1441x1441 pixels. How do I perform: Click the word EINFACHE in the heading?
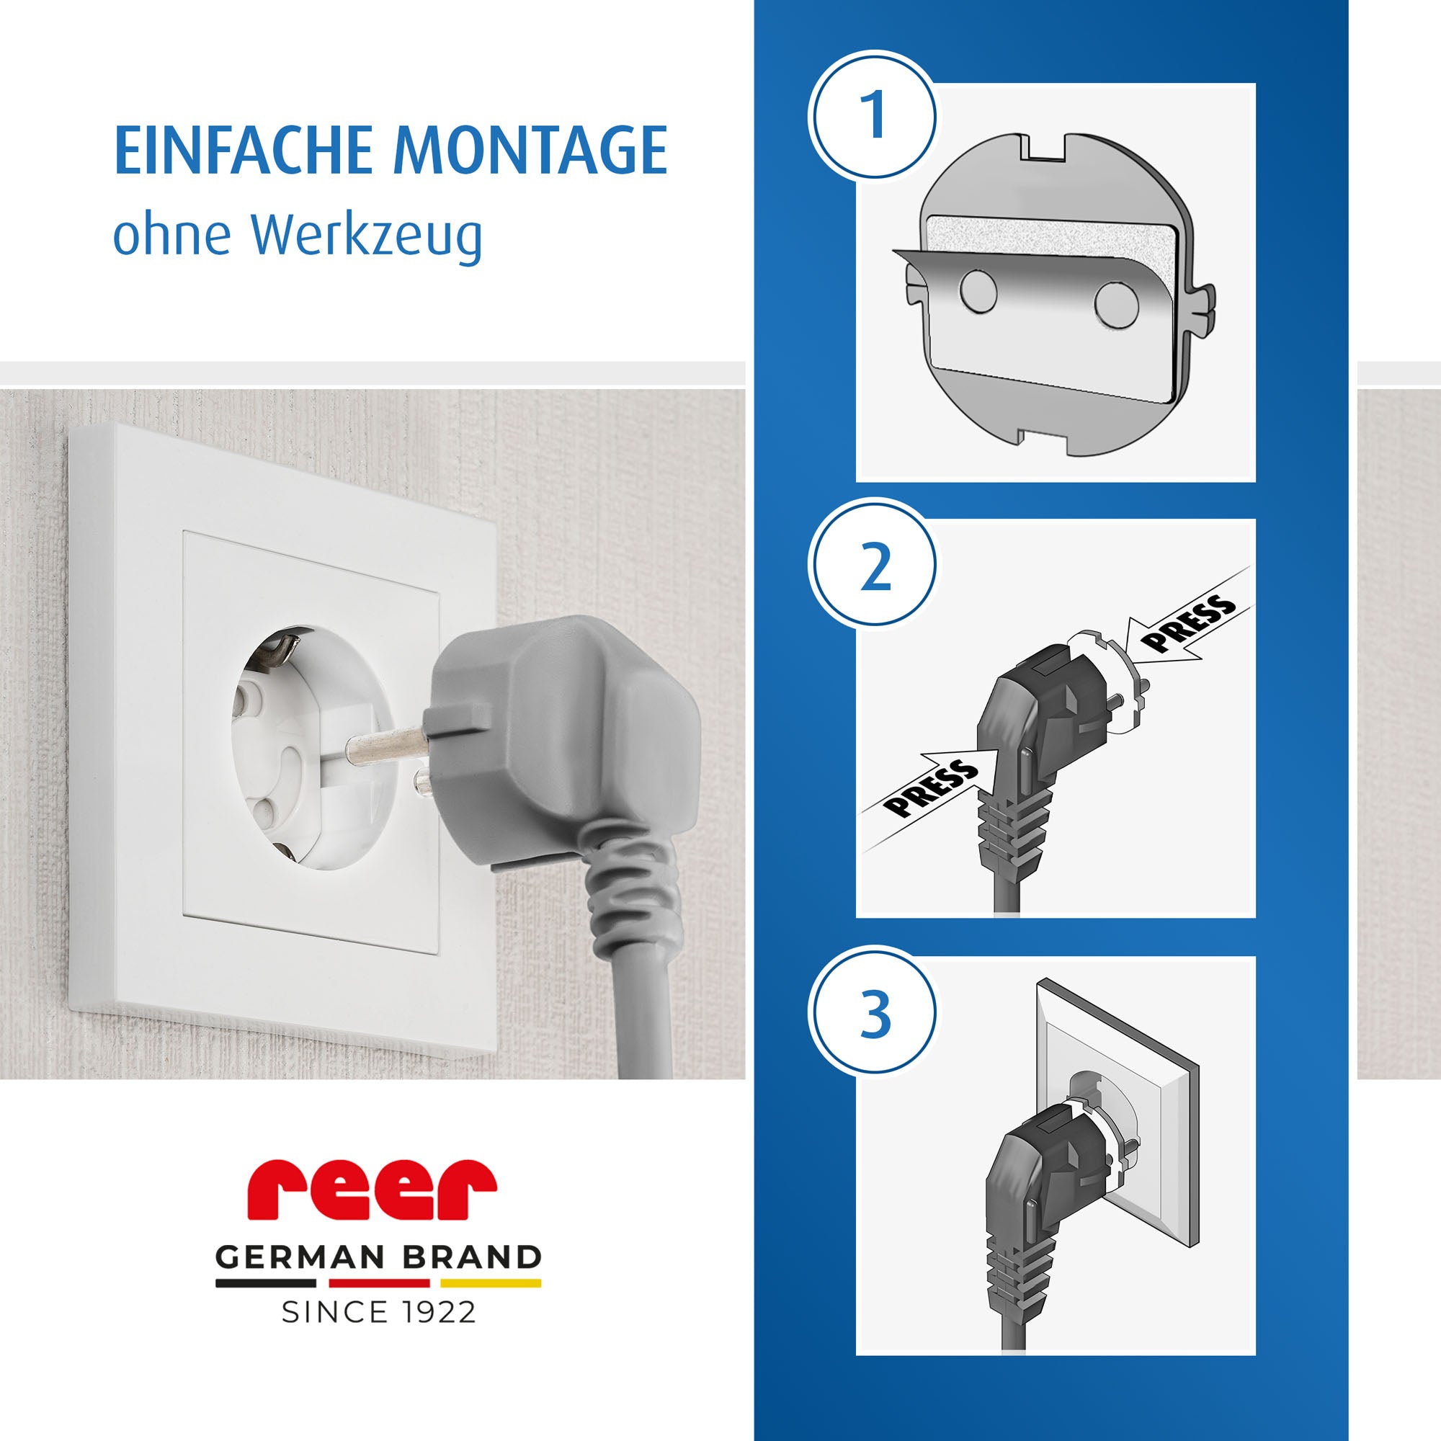[x=243, y=151]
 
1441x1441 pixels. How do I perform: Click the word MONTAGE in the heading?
[x=530, y=151]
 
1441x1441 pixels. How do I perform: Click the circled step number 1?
[x=872, y=114]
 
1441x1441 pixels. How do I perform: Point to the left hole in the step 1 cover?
[x=978, y=292]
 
